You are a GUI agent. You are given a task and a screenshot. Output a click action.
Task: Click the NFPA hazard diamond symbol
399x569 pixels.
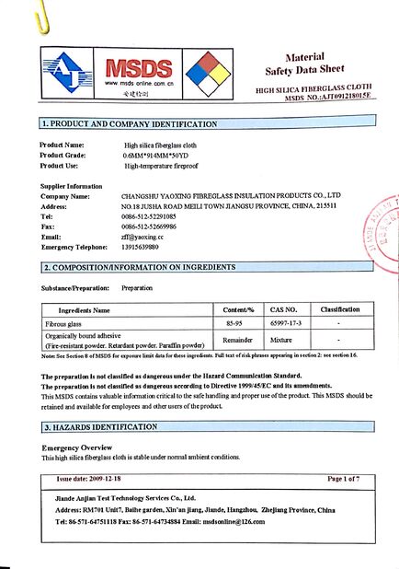coord(203,74)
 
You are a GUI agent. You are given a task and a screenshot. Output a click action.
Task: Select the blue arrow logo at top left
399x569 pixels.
coord(66,74)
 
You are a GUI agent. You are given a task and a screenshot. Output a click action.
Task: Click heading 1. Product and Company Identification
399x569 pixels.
coord(130,123)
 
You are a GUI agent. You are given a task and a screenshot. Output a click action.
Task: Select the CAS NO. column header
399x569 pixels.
coord(284,310)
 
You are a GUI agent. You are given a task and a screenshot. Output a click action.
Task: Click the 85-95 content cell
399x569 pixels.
coord(237,324)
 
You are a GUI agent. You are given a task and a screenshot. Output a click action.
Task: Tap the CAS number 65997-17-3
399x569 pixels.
coord(284,324)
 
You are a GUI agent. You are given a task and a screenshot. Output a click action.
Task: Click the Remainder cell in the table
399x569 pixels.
coord(237,340)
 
